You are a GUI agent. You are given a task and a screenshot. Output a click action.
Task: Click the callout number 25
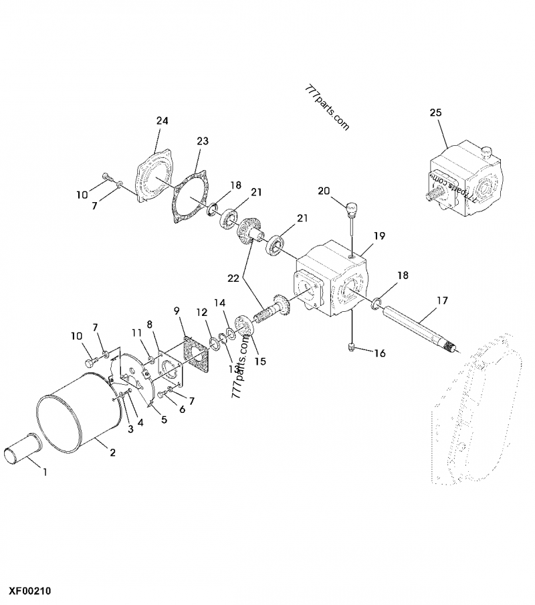pos(435,113)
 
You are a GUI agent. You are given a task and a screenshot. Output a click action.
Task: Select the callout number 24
pos(163,121)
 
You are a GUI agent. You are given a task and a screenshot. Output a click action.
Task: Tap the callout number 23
pos(203,141)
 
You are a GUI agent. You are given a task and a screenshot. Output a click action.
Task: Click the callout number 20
pos(324,191)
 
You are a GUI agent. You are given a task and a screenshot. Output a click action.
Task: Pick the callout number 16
pos(379,353)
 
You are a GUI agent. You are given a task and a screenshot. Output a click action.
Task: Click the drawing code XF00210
pos(30,592)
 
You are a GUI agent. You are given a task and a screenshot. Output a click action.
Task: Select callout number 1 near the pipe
pos(45,472)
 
